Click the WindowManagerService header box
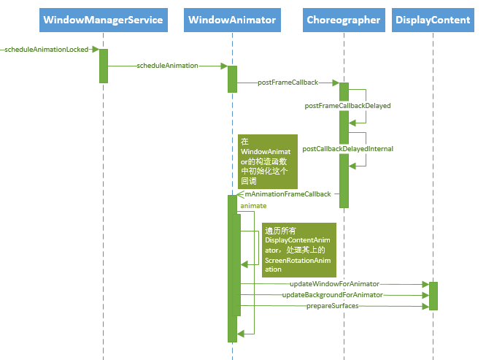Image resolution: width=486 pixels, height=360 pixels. click(x=103, y=20)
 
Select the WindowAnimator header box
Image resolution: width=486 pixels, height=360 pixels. click(x=232, y=20)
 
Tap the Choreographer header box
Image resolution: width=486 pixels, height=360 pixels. click(x=343, y=20)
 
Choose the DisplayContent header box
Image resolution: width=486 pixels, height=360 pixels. click(x=433, y=20)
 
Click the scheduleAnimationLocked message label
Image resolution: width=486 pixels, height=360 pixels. click(x=46, y=50)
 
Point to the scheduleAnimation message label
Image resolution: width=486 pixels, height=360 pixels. click(x=167, y=66)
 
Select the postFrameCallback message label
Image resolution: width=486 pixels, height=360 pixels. click(x=288, y=83)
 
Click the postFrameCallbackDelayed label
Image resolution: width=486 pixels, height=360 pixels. click(x=347, y=106)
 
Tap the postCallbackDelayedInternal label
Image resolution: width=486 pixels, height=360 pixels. click(x=347, y=149)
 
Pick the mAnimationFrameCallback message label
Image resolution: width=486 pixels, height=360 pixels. click(x=288, y=194)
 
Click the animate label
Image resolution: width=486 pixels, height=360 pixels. click(x=253, y=206)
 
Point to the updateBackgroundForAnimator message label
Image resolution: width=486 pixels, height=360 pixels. click(x=332, y=295)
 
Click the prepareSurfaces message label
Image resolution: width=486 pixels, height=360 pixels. click(x=332, y=306)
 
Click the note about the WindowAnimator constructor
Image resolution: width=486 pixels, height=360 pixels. click(x=268, y=162)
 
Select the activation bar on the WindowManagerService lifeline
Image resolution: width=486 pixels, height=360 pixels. click(x=104, y=66)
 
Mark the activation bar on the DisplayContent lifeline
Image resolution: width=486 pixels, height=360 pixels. click(x=433, y=295)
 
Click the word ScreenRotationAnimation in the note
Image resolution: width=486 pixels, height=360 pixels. click(x=298, y=259)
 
